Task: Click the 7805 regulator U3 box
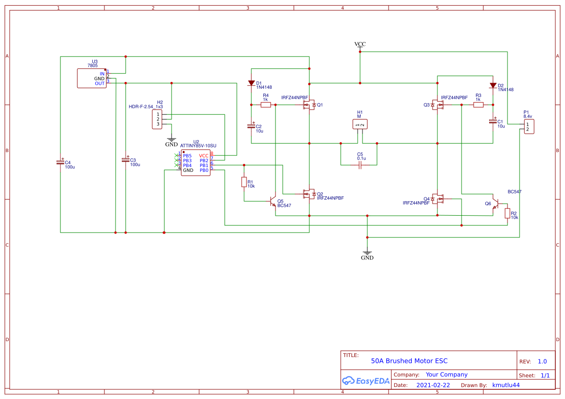coord(92,78)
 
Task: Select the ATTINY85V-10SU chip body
coord(196,163)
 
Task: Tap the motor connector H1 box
coord(360,124)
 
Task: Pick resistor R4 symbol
coord(265,105)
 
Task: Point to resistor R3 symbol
coord(478,105)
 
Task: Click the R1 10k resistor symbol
coord(244,182)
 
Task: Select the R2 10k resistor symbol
coord(507,213)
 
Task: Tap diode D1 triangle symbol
coord(251,83)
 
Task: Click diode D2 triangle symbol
coord(493,86)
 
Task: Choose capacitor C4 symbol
coord(60,162)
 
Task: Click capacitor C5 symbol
coord(360,165)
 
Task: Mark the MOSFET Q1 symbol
coord(308,105)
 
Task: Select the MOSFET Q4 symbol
coord(438,199)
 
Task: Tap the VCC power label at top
coord(360,44)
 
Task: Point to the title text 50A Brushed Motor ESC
coord(409,361)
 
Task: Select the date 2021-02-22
coord(433,385)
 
